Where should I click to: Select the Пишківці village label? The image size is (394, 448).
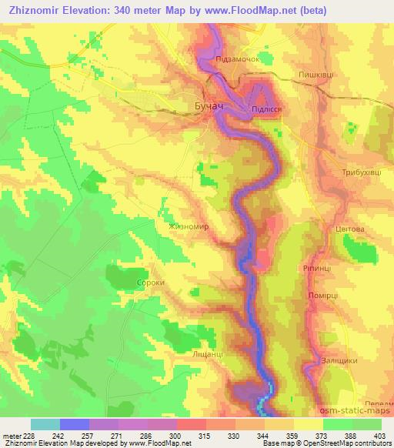click(x=316, y=74)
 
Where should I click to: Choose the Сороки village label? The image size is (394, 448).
click(x=128, y=283)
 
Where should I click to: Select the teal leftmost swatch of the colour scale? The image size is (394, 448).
click(x=45, y=423)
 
